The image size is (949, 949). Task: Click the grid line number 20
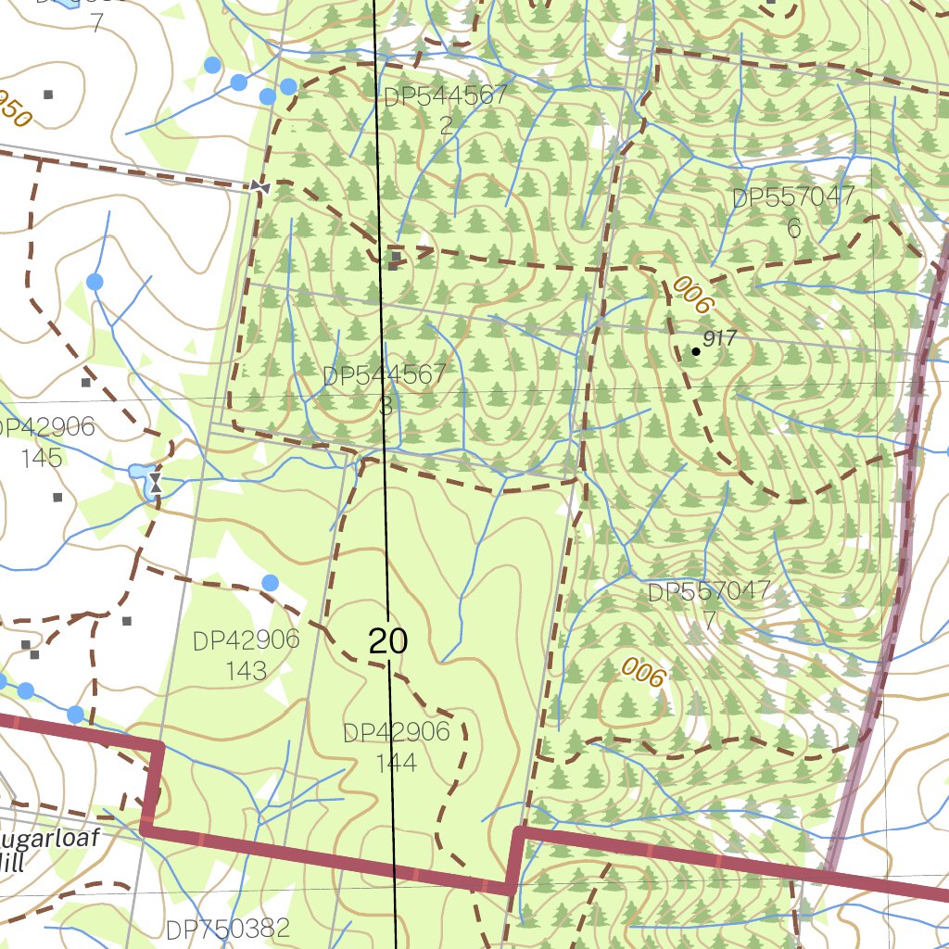(x=388, y=640)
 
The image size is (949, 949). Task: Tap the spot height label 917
(x=719, y=339)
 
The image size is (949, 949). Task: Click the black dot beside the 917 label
(x=696, y=351)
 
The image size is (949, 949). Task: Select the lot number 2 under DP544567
(x=447, y=125)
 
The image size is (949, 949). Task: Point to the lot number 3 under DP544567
(x=386, y=406)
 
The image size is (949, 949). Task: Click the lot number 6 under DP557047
(x=793, y=228)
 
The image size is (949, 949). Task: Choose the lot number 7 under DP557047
(x=709, y=620)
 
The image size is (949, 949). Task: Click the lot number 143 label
(x=246, y=670)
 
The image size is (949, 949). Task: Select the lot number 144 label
(x=397, y=763)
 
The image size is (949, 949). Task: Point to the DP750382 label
(x=228, y=929)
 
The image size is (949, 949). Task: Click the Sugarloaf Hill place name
(x=56, y=850)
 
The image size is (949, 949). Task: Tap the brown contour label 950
(x=13, y=108)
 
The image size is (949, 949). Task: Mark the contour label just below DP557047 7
(x=644, y=672)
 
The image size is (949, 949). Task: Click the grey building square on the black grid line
(x=396, y=257)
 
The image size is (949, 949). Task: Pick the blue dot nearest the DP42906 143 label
(x=270, y=582)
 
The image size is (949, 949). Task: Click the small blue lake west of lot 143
(x=141, y=477)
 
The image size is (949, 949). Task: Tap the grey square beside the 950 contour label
(x=48, y=94)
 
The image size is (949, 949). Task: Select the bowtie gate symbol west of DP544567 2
(x=259, y=186)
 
